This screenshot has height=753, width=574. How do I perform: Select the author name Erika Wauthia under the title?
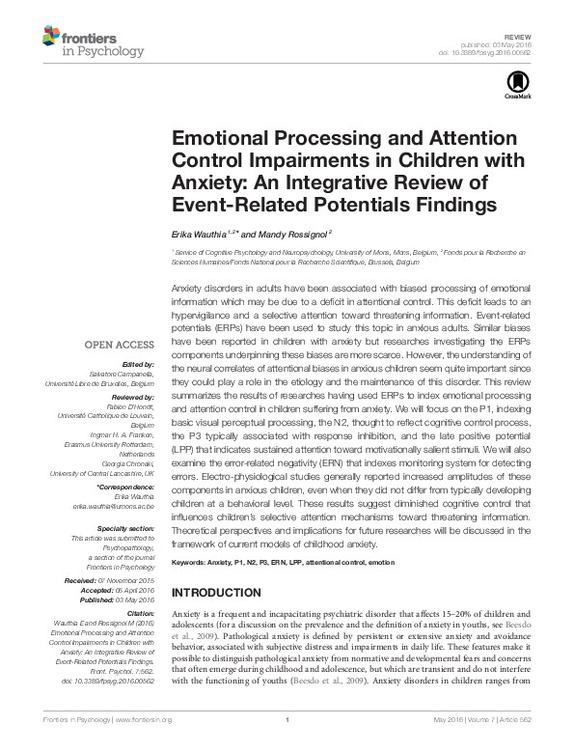pos(199,234)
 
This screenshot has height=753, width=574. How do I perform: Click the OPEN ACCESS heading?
pos(120,343)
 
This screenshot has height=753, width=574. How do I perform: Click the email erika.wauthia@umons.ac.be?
pos(110,506)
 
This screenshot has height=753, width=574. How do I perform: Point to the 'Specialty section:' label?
pos(126,528)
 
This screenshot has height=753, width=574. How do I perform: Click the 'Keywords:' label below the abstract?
pos(192,561)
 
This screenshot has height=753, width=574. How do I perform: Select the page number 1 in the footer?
pos(287,745)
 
